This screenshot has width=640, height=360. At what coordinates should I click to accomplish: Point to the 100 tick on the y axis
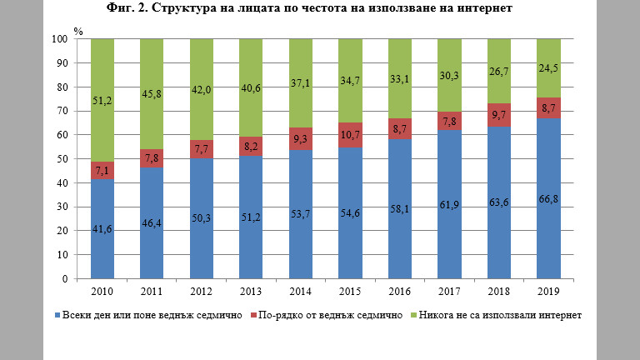[x=60, y=39]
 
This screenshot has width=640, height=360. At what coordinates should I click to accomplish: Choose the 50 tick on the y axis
[x=62, y=159]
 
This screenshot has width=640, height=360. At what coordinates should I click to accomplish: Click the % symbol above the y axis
[x=77, y=31]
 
